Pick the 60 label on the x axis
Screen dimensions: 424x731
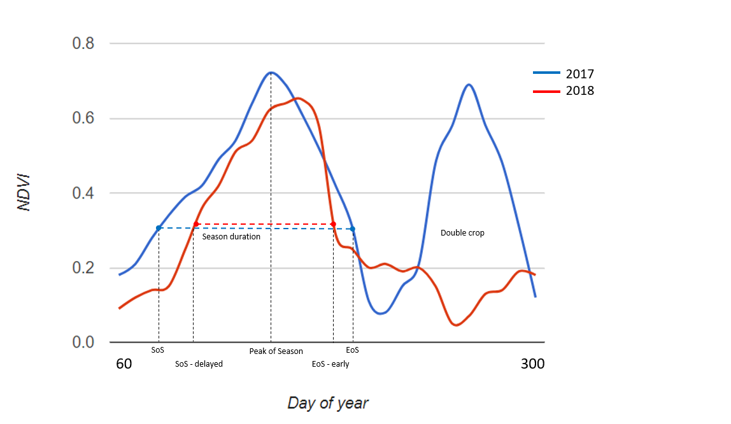click(x=124, y=364)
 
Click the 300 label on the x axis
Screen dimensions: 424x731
click(x=532, y=364)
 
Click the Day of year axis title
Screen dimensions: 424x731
click(x=327, y=403)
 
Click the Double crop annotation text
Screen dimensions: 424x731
click(x=462, y=233)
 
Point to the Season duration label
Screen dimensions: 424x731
click(x=231, y=236)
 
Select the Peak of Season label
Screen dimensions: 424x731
click(x=276, y=351)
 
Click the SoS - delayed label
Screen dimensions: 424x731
click(x=199, y=364)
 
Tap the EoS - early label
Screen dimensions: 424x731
click(x=330, y=364)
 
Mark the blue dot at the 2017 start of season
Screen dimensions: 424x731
click(x=159, y=228)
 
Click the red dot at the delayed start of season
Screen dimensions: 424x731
click(x=195, y=224)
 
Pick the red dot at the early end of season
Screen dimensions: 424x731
click(x=333, y=224)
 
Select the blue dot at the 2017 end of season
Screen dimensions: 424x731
click(x=353, y=229)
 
